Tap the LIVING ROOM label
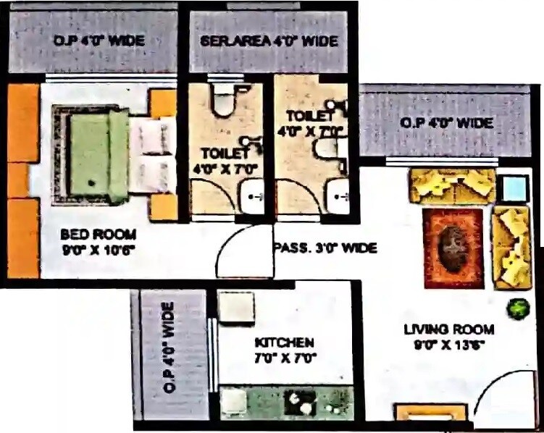tap(449, 329)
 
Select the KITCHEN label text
tap(285, 342)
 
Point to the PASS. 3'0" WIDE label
tap(325, 248)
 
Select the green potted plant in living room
tap(517, 308)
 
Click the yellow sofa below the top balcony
tap(453, 185)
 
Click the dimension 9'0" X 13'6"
tap(449, 345)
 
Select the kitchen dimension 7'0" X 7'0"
tap(285, 358)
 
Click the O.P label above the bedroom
tap(99, 41)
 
